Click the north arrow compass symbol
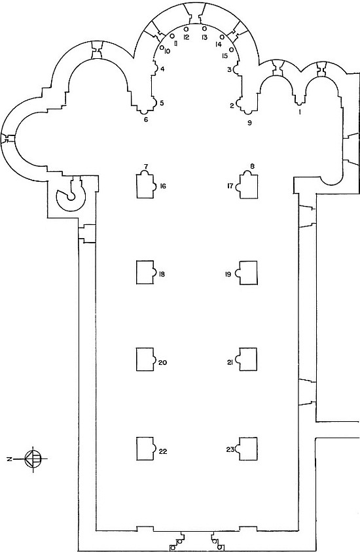coord(33,458)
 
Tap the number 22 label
coord(163,451)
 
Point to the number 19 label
coord(228,274)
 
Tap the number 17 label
coord(230,186)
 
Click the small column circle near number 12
coord(186,29)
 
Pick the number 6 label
coord(146,120)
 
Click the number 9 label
coord(249,123)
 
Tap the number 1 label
coord(300,112)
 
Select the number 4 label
coord(162,69)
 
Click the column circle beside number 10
coord(162,47)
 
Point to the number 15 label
coord(225,56)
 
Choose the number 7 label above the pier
coord(145,165)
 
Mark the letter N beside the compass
coord(10,458)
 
